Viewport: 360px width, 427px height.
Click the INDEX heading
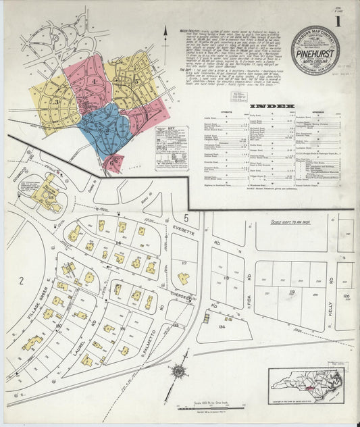tap(272, 107)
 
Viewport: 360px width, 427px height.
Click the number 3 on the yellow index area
tap(58, 103)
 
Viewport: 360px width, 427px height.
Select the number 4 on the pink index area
tap(95, 82)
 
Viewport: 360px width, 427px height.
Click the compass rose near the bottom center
tap(180, 371)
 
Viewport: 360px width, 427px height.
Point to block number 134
tap(222, 327)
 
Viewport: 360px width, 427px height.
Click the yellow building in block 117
tap(183, 277)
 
